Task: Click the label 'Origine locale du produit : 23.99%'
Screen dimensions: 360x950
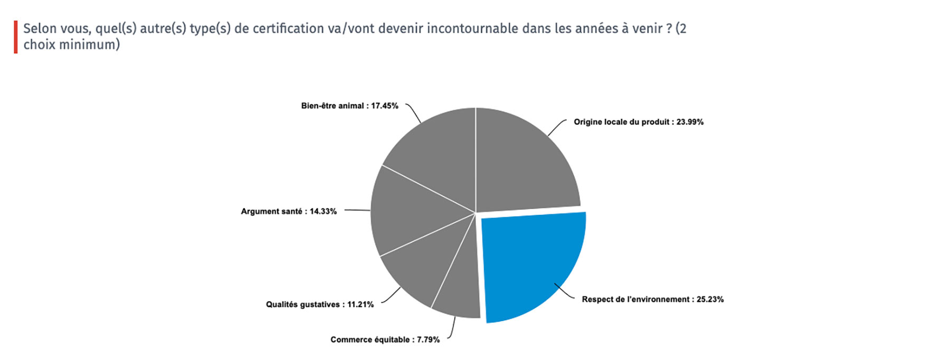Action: (x=639, y=122)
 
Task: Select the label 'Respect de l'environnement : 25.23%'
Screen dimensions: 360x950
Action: (x=652, y=299)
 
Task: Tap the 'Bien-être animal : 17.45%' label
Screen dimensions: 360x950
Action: (x=349, y=106)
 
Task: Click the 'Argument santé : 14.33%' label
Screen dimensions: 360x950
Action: (x=289, y=211)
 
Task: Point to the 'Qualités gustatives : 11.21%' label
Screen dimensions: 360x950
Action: (x=319, y=305)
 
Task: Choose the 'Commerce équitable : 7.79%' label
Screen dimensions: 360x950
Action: (x=385, y=339)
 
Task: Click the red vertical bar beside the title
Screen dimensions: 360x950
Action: (x=16, y=37)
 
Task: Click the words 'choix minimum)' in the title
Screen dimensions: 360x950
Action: (x=72, y=45)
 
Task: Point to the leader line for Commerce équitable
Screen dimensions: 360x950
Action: (x=452, y=328)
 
